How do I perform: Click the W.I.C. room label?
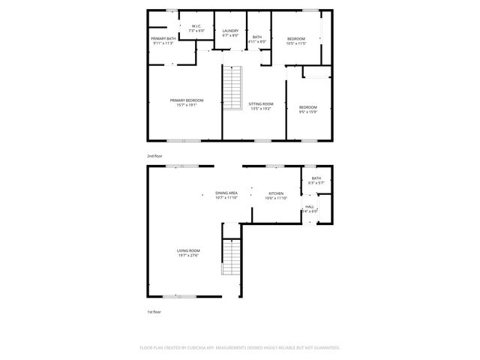point(196,26)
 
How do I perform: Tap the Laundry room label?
point(230,31)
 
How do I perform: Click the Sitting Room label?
point(260,103)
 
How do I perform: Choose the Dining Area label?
point(226,193)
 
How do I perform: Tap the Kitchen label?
point(277,193)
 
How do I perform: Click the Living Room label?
point(188,250)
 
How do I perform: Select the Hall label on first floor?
point(310,206)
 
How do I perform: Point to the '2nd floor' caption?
point(154,155)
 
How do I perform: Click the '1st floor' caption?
point(154,311)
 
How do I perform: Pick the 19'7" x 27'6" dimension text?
point(188,256)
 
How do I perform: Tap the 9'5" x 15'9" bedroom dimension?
point(307,112)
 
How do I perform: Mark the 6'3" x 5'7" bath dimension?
point(316,182)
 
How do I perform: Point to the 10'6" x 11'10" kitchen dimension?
point(277,198)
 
